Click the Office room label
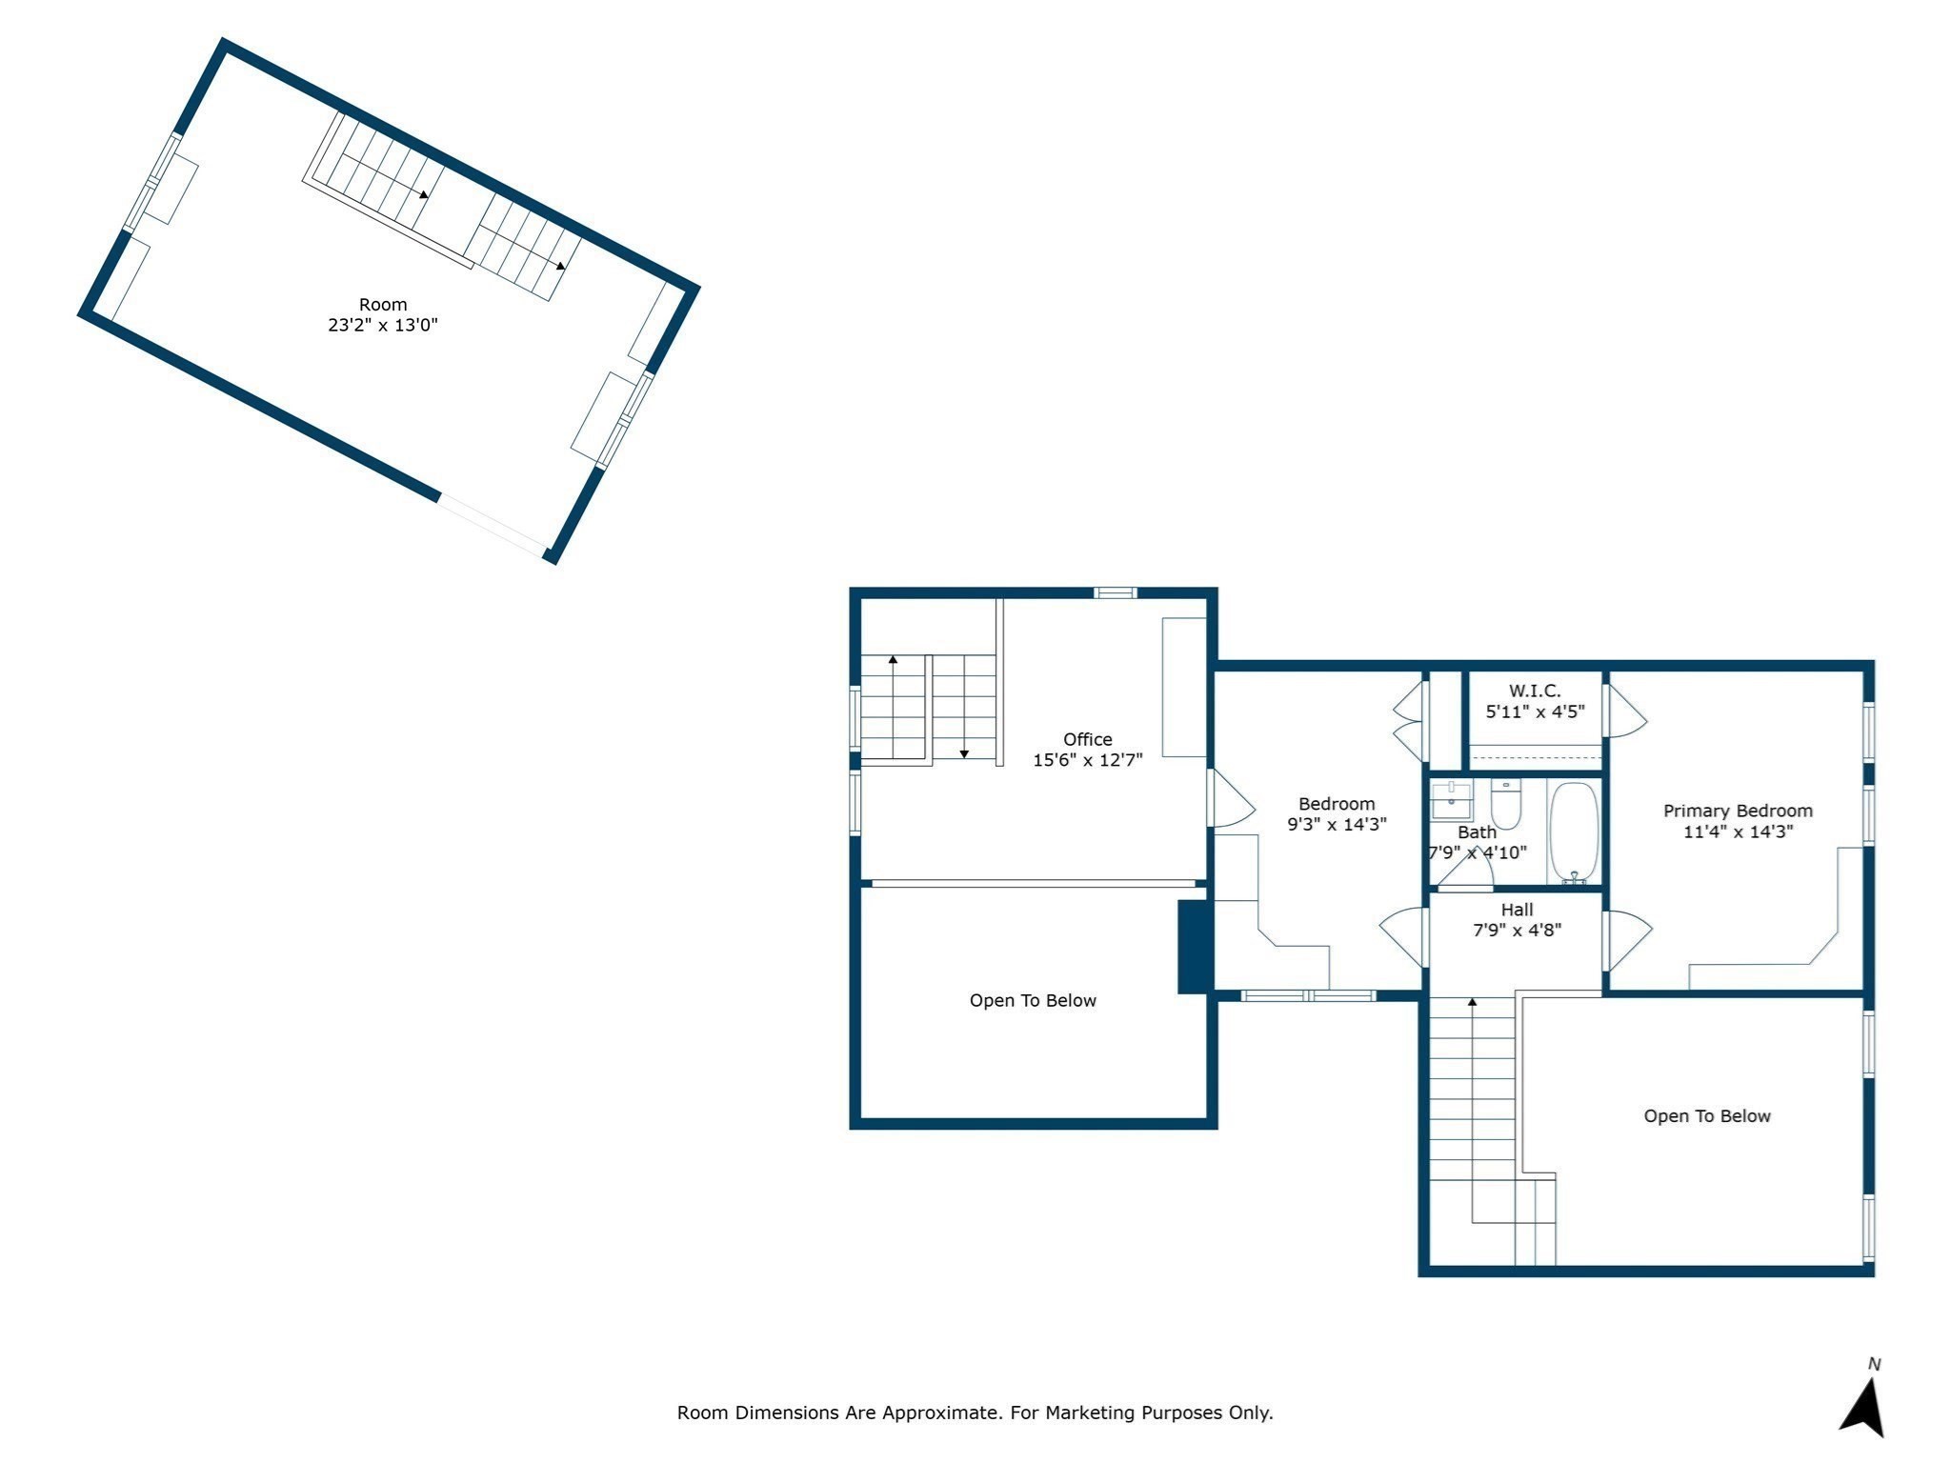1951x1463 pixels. [x=1087, y=739]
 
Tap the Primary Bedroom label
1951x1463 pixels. [x=1738, y=811]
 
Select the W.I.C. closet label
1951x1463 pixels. [x=1535, y=691]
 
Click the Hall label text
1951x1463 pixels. [x=1517, y=910]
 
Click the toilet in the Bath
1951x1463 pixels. [x=1506, y=805]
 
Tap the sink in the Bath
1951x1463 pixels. [x=1452, y=800]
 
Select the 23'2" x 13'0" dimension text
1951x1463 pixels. [x=383, y=325]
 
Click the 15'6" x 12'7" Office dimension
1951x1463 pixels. [x=1087, y=760]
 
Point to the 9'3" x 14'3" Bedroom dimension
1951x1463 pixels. [x=1337, y=825]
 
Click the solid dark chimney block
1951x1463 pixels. [x=1195, y=947]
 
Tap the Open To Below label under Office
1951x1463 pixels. [x=1033, y=1000]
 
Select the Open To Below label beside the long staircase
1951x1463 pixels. [x=1707, y=1116]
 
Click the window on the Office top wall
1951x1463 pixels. [x=1115, y=593]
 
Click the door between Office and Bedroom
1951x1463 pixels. [x=1230, y=798]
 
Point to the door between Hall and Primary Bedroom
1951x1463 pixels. [x=1627, y=940]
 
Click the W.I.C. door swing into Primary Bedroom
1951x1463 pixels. [x=1626, y=711]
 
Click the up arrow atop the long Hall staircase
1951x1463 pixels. [x=1472, y=1002]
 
